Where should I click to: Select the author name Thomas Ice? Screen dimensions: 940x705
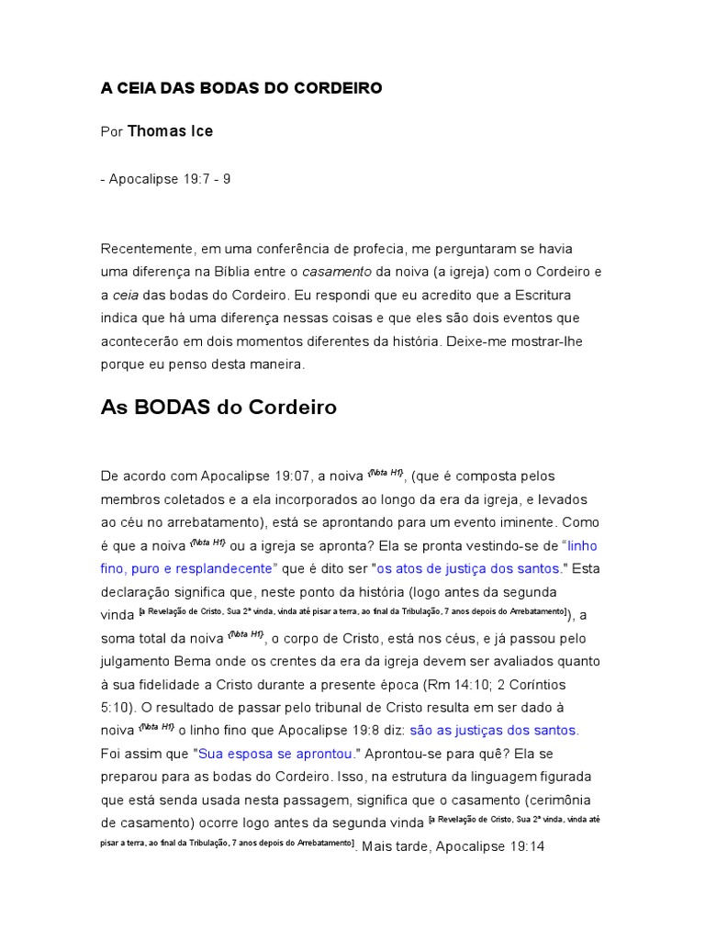(170, 131)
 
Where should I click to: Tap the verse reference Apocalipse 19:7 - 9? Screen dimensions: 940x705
(170, 179)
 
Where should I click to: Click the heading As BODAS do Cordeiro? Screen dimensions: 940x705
(218, 408)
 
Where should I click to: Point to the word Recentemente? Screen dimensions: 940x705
(147, 249)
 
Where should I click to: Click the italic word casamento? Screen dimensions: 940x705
(337, 272)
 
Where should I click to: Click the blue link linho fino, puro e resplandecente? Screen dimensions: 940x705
(350, 556)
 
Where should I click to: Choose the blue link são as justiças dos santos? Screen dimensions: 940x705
(494, 731)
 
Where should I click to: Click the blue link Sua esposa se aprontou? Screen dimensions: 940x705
(275, 754)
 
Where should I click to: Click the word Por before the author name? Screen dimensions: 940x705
(111, 132)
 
